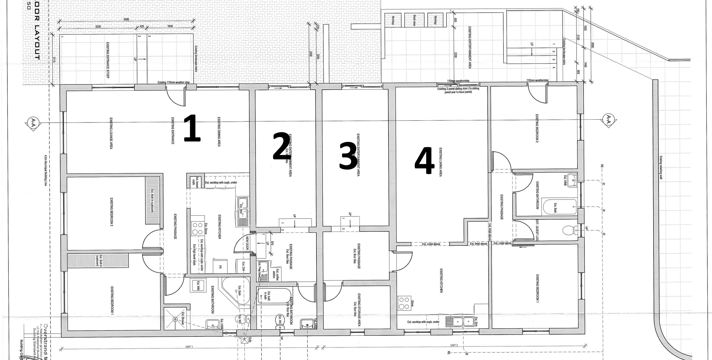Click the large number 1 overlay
click(x=192, y=128)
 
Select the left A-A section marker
click(x=33, y=121)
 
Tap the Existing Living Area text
click(x=440, y=162)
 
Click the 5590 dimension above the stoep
click(x=126, y=19)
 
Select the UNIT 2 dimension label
click(x=454, y=345)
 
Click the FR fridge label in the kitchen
click(x=220, y=267)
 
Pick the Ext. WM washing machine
click(x=198, y=285)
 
